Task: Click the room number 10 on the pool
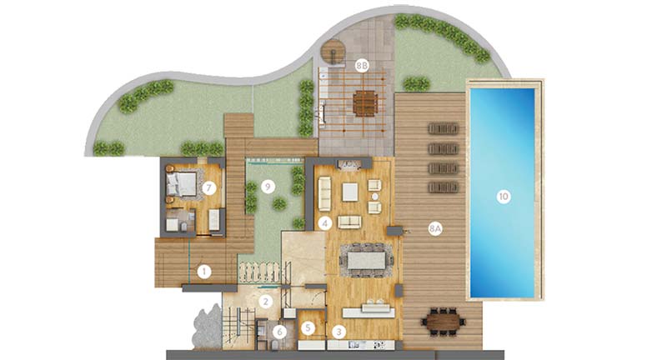504,197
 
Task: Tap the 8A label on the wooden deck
435,229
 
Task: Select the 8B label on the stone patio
362,66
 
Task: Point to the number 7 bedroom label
209,187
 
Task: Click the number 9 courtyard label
268,186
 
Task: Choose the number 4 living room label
324,223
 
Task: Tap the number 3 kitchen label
339,332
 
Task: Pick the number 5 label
308,327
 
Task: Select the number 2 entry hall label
266,302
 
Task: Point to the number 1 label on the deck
204,271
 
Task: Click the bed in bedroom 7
182,185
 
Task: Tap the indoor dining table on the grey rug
367,260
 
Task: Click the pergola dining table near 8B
365,103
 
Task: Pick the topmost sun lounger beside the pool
444,128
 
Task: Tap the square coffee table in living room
350,192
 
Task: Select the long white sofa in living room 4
324,194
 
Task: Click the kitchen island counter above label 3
369,312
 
